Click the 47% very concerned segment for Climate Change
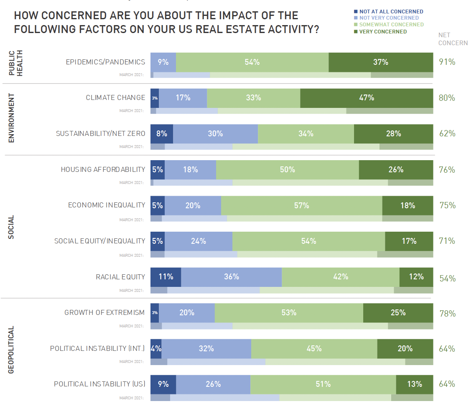coord(366,98)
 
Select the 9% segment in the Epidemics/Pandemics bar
coord(163,62)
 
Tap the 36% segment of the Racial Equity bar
coord(231,277)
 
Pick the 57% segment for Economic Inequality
coord(301,206)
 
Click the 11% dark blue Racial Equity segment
coord(166,277)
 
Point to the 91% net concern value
coord(447,62)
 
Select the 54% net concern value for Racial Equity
coord(447,279)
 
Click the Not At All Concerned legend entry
coord(391,12)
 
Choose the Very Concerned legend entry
coord(382,31)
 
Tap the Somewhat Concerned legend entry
coord(391,25)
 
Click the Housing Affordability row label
coord(103,170)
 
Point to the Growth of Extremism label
coord(104,313)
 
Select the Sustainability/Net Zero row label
coord(101,134)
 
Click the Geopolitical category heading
coord(11,350)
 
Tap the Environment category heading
coord(11,118)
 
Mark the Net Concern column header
coord(453,39)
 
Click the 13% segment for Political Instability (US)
coord(414,384)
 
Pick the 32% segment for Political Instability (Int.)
coord(206,349)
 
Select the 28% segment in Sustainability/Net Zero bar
coord(393,134)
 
